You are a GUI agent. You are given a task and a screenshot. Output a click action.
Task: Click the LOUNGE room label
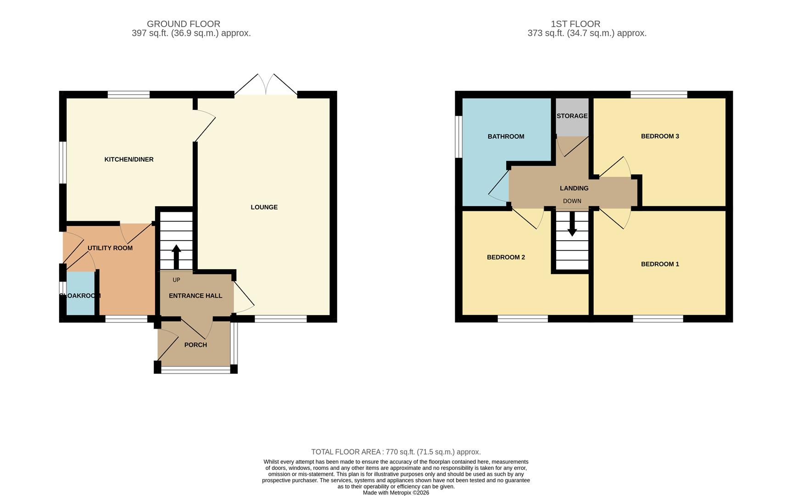click(264, 207)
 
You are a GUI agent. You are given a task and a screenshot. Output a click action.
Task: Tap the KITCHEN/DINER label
click(129, 159)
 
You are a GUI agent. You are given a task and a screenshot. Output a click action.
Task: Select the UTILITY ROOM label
click(110, 248)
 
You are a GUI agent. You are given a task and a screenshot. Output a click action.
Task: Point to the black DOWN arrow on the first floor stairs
click(572, 225)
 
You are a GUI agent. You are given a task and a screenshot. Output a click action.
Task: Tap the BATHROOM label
click(506, 136)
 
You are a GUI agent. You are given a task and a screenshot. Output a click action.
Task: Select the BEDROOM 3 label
click(660, 136)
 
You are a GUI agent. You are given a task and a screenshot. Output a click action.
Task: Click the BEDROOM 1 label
click(660, 264)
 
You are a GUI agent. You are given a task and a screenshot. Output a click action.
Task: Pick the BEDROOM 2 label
click(506, 257)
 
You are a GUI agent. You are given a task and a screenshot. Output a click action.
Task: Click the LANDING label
click(574, 188)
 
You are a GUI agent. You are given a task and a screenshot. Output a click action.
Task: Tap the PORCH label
click(195, 345)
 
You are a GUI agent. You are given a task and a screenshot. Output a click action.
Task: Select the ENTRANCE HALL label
click(195, 296)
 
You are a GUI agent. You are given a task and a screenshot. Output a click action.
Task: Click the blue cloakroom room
click(81, 294)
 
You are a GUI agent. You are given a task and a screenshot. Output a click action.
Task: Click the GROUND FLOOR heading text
click(184, 24)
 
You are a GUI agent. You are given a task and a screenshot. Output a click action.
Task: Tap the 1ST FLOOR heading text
click(575, 24)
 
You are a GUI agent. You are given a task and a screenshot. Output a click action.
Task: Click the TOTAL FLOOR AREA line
click(396, 452)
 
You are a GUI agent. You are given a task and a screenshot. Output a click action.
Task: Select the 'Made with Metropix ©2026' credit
click(396, 493)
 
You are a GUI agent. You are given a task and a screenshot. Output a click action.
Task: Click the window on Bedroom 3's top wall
click(659, 95)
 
